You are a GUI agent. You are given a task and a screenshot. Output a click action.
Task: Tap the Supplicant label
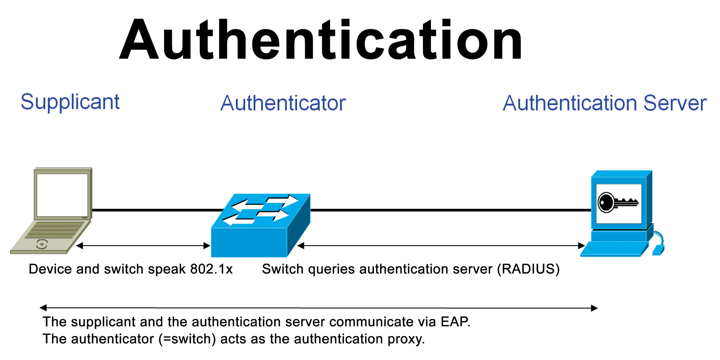tap(70, 102)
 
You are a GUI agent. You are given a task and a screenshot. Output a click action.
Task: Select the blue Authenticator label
tap(283, 103)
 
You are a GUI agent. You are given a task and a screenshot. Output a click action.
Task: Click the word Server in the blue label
tap(675, 103)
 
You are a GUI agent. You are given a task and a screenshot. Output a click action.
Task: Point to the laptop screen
tap(62, 195)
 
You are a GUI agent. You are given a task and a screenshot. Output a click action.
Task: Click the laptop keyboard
tap(60, 229)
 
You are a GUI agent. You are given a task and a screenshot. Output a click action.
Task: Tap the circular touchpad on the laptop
tap(42, 244)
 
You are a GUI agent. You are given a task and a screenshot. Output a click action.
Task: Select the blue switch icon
tap(261, 225)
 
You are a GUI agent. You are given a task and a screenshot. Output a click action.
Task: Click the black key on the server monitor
tap(617, 202)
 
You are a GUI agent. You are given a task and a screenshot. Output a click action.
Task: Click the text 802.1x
tap(211, 269)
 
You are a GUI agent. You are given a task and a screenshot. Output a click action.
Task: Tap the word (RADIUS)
tap(528, 269)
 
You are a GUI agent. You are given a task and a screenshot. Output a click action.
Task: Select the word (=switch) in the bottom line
tap(187, 339)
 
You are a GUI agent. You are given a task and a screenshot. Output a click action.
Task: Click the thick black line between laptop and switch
tap(157, 210)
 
